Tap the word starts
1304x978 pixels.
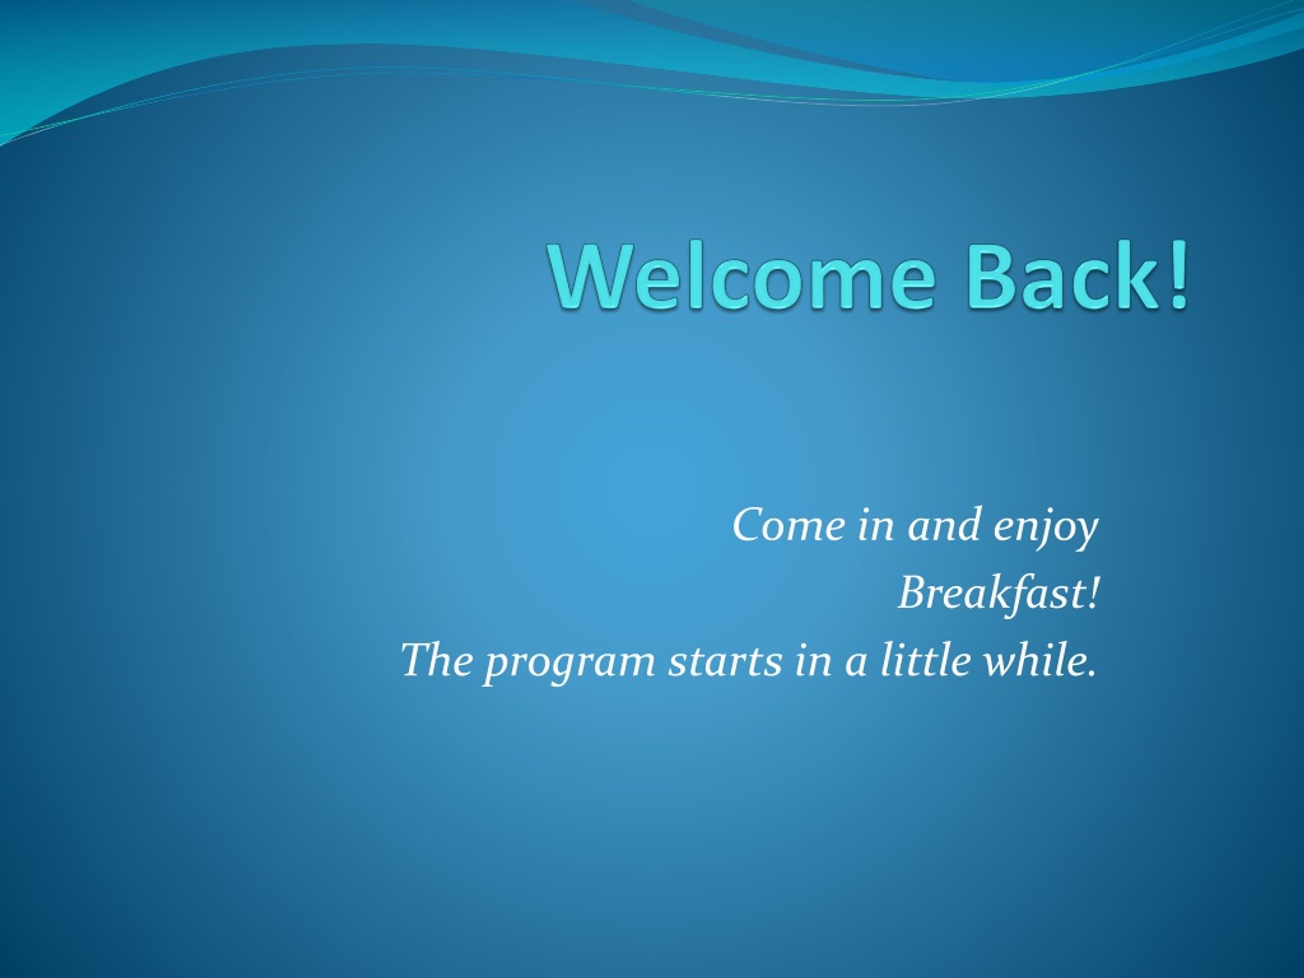(724, 660)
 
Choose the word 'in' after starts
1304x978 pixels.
(812, 660)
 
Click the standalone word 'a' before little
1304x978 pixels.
(855, 664)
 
